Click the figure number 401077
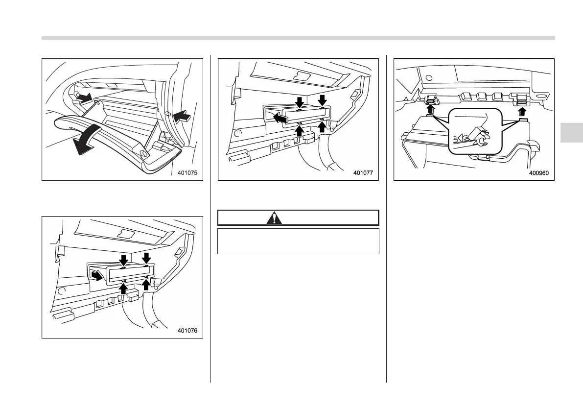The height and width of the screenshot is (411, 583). (363, 173)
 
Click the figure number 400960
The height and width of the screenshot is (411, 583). (539, 173)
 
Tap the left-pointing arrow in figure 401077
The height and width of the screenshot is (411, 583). (280, 118)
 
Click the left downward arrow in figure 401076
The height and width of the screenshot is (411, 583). (123, 260)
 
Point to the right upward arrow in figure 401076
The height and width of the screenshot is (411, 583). (145, 284)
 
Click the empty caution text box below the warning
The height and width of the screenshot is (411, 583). (298, 241)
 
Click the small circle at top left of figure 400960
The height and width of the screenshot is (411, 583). (428, 77)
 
